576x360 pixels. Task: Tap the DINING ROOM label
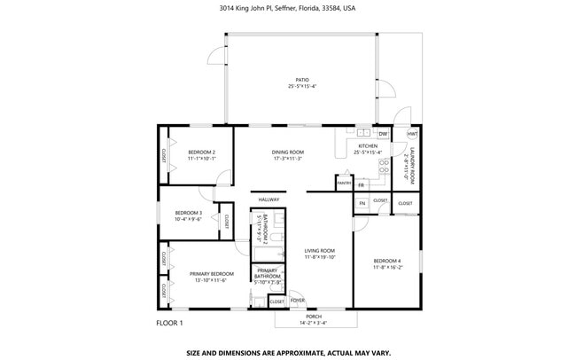(x=287, y=153)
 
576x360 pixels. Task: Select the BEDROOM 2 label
(x=202, y=153)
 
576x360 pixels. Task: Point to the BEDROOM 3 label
(x=188, y=213)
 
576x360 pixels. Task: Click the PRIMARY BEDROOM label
(x=211, y=274)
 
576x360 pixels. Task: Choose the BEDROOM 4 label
(x=387, y=260)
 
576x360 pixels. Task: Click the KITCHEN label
(x=367, y=146)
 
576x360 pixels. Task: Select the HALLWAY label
(x=268, y=200)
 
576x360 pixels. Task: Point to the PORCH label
(x=314, y=317)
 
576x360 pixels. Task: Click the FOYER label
(x=297, y=301)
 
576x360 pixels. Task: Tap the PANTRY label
(x=344, y=184)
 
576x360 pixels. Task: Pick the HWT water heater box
(x=412, y=134)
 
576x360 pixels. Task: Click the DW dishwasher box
(x=383, y=134)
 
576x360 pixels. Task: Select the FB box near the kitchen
(x=361, y=184)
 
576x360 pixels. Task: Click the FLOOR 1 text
(x=168, y=323)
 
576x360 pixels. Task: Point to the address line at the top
(x=287, y=8)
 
